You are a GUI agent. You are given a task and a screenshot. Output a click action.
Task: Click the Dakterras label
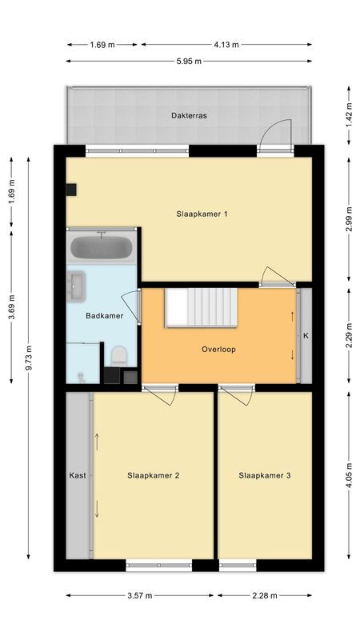(x=189, y=115)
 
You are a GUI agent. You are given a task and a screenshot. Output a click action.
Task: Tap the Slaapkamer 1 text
(x=202, y=214)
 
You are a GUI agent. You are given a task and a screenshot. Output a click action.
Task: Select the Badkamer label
(x=105, y=315)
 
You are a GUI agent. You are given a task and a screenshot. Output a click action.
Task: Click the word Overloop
(x=218, y=349)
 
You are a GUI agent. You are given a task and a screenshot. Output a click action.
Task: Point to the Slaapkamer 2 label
(x=153, y=475)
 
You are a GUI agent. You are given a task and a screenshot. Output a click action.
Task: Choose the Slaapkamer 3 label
(x=264, y=475)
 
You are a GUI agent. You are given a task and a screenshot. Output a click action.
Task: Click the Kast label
(x=78, y=475)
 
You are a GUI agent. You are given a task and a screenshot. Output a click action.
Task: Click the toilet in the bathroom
(x=119, y=354)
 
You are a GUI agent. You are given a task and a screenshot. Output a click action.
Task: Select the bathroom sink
(x=78, y=285)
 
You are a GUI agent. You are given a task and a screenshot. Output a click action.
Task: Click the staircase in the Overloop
(x=202, y=308)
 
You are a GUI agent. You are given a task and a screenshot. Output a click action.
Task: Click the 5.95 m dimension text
(x=188, y=61)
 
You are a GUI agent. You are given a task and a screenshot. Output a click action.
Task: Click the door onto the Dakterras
(x=277, y=136)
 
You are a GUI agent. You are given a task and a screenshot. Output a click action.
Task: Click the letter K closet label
(x=305, y=336)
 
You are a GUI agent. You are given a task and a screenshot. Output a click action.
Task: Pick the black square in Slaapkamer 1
(x=71, y=190)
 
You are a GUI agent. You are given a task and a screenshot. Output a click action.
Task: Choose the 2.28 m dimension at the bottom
(x=264, y=595)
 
